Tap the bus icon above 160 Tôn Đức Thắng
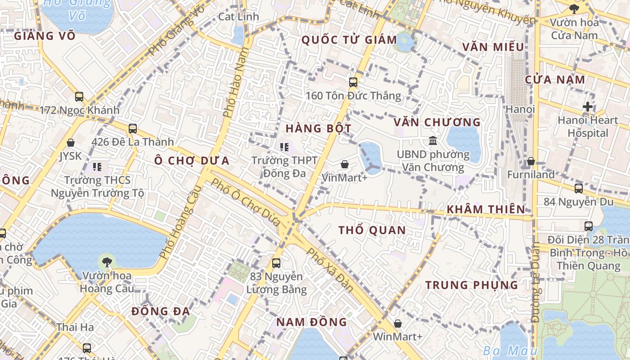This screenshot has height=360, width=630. pyautogui.click(x=353, y=82)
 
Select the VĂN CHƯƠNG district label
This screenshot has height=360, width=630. pyautogui.click(x=437, y=122)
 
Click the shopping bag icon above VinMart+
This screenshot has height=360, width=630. pyautogui.click(x=345, y=164)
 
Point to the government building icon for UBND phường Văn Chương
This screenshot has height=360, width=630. pyautogui.click(x=433, y=141)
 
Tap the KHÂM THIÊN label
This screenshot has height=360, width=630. pyautogui.click(x=486, y=209)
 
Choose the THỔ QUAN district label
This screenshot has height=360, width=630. pyautogui.click(x=372, y=230)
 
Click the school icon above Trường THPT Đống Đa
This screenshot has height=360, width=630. pyautogui.click(x=284, y=147)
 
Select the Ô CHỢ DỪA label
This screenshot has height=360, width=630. pyautogui.click(x=192, y=161)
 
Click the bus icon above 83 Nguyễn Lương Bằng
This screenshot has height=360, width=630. pyautogui.click(x=276, y=263)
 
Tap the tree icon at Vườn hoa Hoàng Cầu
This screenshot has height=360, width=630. pyautogui.click(x=107, y=261)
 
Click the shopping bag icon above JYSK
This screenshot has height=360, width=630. pyautogui.click(x=71, y=143)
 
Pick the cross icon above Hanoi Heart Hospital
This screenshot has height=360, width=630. pyautogui.click(x=587, y=107)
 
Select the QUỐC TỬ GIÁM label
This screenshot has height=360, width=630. pyautogui.click(x=349, y=40)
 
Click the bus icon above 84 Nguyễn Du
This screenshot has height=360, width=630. pyautogui.click(x=579, y=188)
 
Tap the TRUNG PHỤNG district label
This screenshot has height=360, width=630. pyautogui.click(x=472, y=285)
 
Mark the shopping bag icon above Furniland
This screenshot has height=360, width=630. pyautogui.click(x=531, y=161)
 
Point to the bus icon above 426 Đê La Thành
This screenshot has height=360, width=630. pyautogui.click(x=132, y=129)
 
